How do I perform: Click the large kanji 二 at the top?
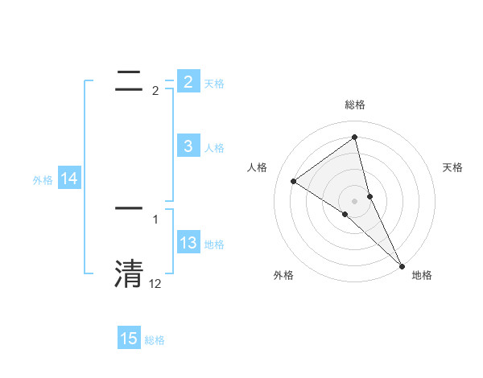pos(129,78)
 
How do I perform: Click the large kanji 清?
pos(129,273)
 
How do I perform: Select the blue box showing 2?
pos(188,81)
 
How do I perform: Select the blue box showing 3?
pos(188,146)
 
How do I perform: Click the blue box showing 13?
pos(188,243)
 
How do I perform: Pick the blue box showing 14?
pos(69,179)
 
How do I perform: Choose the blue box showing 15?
pos(129,339)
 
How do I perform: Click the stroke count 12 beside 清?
pos(155,284)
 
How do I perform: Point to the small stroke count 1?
pos(155,219)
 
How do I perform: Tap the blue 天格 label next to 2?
pos(214,83)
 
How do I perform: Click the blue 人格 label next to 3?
pos(214,147)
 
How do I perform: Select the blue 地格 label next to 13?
pos(214,244)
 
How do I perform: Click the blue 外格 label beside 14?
pos(43,180)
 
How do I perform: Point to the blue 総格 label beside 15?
pos(155,340)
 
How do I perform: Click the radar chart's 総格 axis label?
pos(355,105)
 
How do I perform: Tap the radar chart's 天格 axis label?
pos(453,167)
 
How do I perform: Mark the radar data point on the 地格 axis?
pos(402,265)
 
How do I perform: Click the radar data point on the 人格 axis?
pos(293,181)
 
